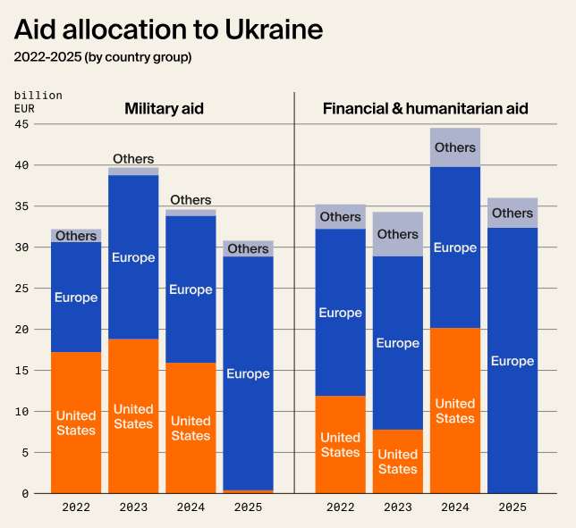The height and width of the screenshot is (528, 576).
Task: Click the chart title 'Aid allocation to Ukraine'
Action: pyautogui.click(x=168, y=30)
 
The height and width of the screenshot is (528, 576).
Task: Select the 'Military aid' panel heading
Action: pyautogui.click(x=164, y=109)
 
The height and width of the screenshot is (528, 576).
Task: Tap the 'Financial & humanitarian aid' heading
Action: pyautogui.click(x=425, y=109)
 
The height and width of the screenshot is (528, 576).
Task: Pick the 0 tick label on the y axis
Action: pyautogui.click(x=25, y=493)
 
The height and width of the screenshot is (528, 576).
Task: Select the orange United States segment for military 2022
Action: pyautogui.click(x=76, y=423)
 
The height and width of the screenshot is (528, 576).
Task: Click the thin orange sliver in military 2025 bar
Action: pyautogui.click(x=248, y=491)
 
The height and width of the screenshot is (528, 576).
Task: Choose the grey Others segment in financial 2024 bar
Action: pyautogui.click(x=455, y=147)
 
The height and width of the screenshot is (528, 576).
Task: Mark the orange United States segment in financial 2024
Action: pyautogui.click(x=455, y=411)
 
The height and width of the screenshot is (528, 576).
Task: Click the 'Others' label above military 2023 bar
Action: pyautogui.click(x=133, y=159)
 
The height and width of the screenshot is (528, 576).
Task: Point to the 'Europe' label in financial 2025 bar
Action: pyautogui.click(x=512, y=362)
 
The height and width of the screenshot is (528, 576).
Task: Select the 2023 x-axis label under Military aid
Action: pyautogui.click(x=133, y=507)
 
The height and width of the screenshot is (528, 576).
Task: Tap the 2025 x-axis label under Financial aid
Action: pyautogui.click(x=512, y=507)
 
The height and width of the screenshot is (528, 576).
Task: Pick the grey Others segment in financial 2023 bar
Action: pyautogui.click(x=398, y=234)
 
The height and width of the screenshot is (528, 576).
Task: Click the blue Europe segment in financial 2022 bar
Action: pyautogui.click(x=341, y=313)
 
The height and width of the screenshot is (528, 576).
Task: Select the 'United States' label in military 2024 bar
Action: pyautogui.click(x=191, y=428)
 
